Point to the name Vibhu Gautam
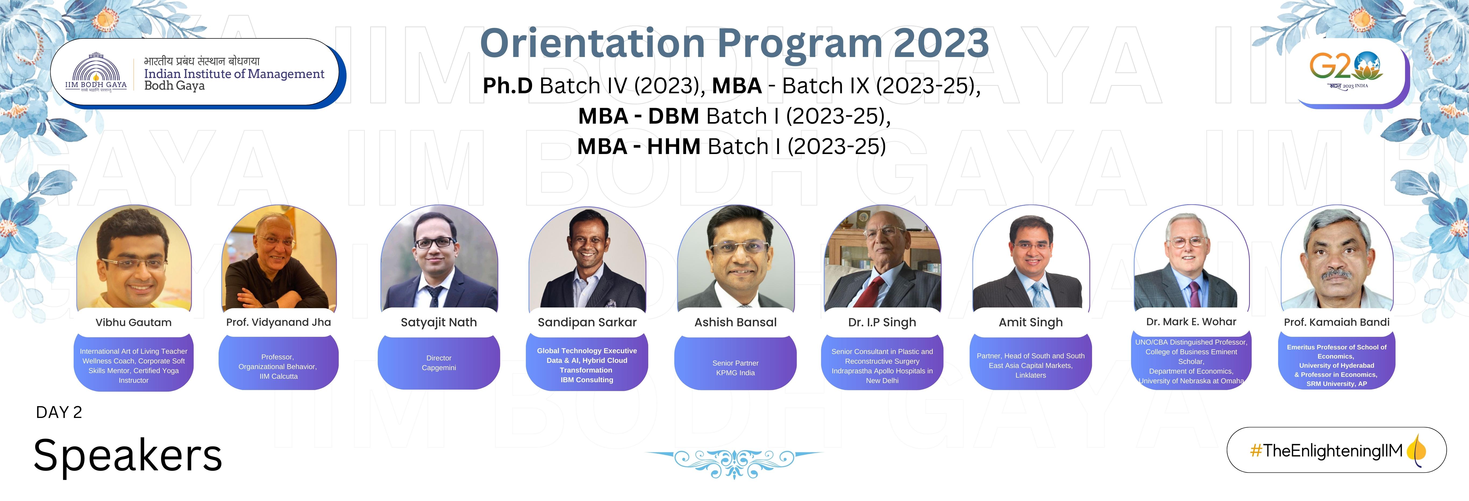133,322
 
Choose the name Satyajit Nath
438,322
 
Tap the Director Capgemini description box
438,363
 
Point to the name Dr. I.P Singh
882,322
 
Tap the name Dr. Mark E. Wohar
1191,321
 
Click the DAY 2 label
59,412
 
